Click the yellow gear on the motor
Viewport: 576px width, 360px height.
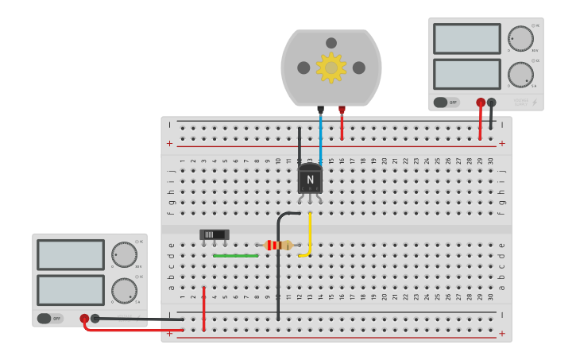pos(331,68)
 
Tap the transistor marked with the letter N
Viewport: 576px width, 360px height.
pos(310,180)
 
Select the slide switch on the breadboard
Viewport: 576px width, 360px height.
pos(214,234)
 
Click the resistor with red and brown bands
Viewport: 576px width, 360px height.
pos(278,245)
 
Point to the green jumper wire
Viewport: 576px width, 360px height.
pos(235,256)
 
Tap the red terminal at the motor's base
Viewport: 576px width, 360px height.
pos(342,110)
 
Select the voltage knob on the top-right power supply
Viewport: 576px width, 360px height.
pos(520,38)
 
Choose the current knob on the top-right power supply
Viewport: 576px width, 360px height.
pos(520,75)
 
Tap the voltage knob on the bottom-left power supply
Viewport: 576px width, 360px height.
pos(124,254)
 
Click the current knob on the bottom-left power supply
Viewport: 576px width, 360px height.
pos(124,290)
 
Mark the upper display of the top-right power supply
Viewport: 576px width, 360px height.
pos(467,38)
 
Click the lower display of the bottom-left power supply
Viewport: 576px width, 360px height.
pos(71,290)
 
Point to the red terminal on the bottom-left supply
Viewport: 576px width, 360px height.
pos(84,318)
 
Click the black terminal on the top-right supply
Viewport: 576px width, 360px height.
pos(491,102)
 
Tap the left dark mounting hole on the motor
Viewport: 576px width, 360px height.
pos(303,68)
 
